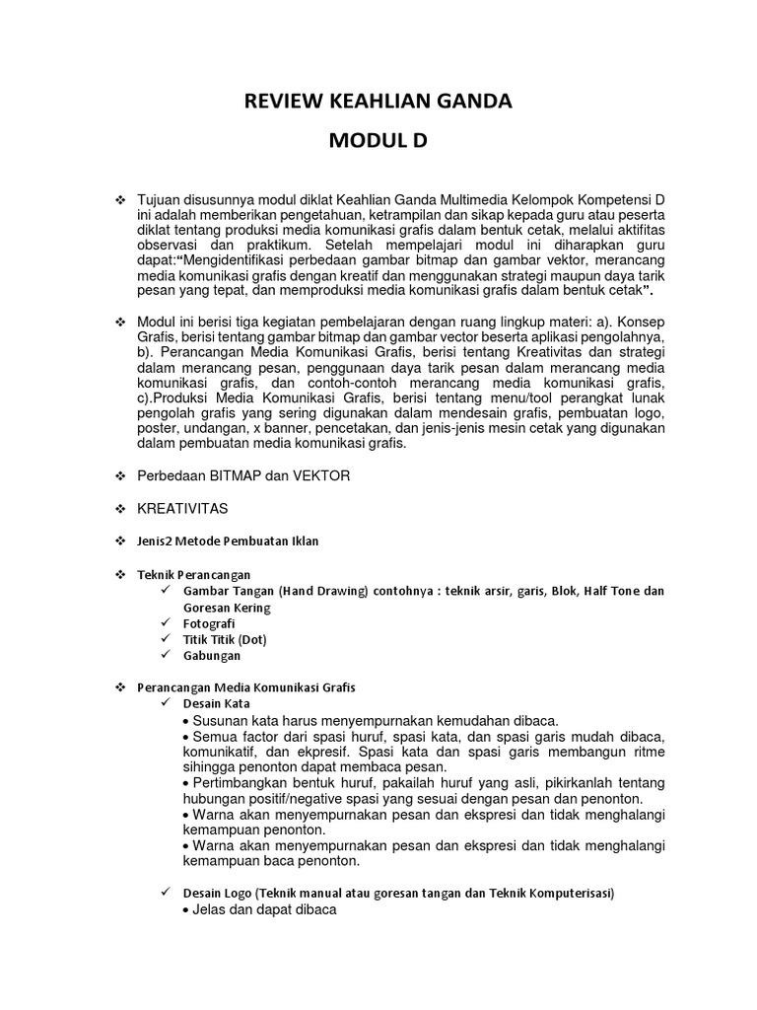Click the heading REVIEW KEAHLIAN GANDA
coord(378,102)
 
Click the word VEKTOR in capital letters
coord(317,475)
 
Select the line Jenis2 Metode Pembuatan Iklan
coord(228,541)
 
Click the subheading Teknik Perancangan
coord(193,574)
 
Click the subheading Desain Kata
coord(216,703)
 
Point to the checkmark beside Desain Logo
coord(166,893)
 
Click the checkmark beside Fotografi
coord(166,623)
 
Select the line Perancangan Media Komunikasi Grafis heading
coord(246,686)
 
